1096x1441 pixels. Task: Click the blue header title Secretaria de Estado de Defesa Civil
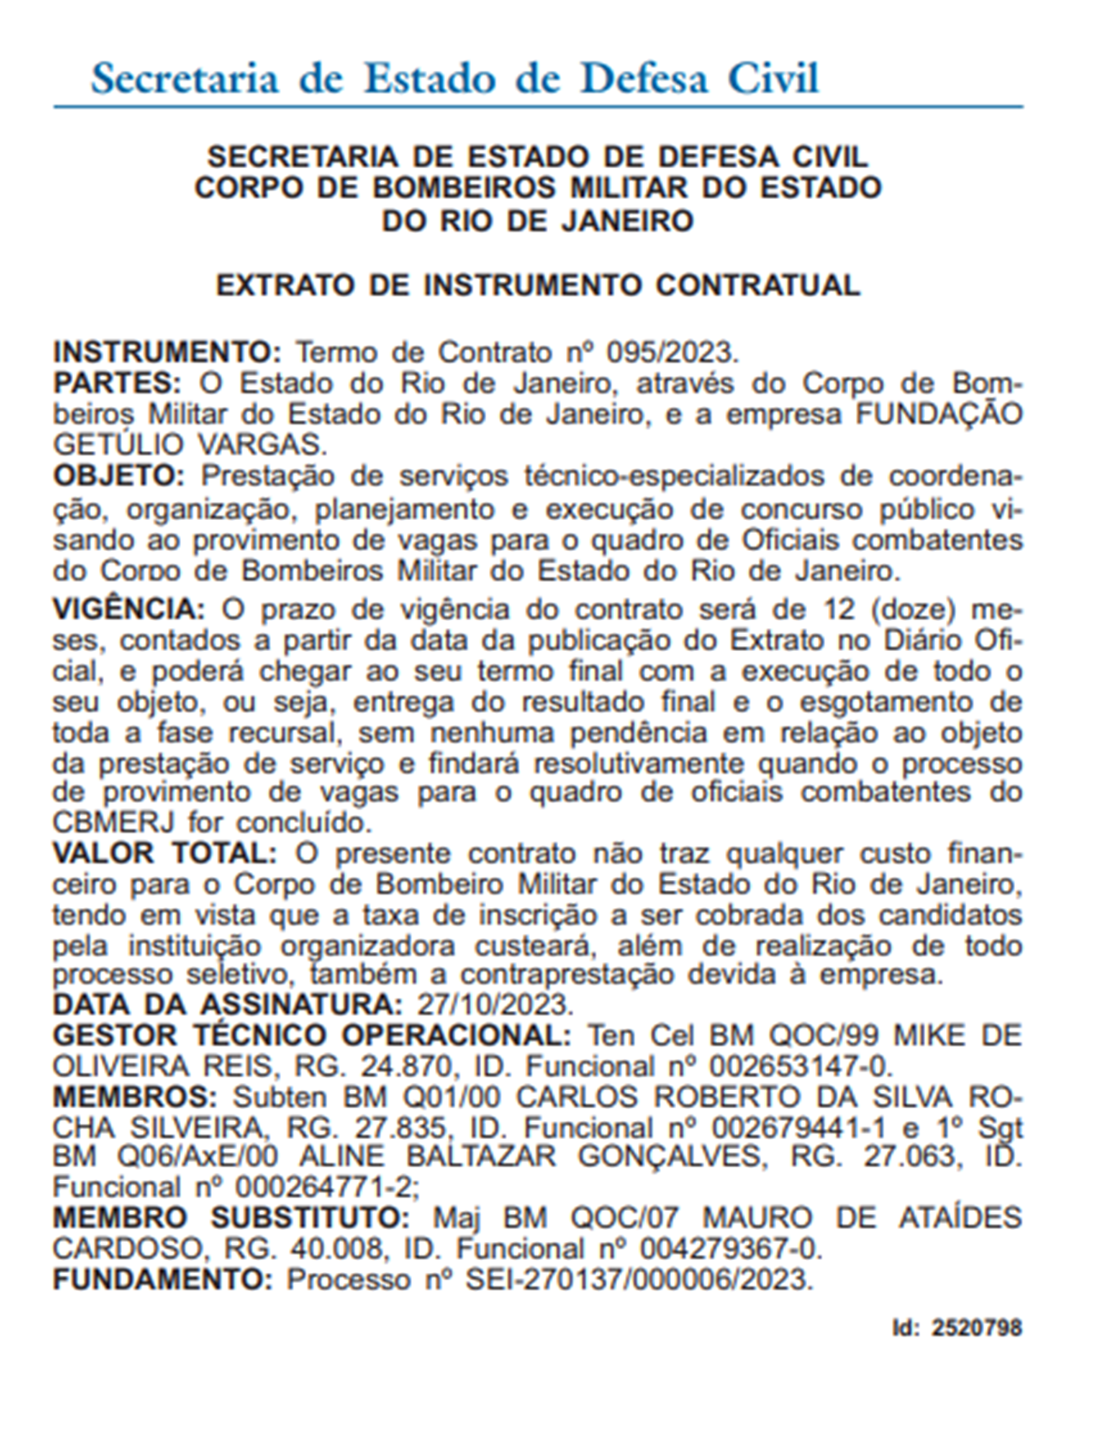(454, 78)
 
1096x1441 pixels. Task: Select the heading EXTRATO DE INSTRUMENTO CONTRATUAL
(537, 285)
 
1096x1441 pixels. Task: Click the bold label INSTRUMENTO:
(168, 352)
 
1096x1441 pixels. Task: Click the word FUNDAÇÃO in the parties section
(940, 414)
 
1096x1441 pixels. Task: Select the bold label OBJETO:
(119, 475)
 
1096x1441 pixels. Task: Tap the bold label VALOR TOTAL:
(164, 854)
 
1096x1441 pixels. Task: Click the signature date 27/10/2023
(495, 1005)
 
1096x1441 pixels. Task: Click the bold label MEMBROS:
(135, 1096)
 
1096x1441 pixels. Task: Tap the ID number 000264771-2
(325, 1187)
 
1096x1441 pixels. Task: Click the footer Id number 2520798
(977, 1328)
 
